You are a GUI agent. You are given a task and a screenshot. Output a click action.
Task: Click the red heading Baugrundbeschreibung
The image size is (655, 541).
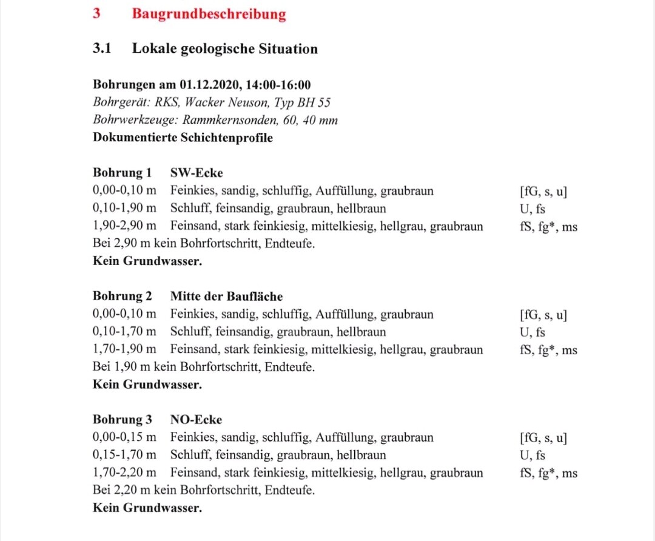pos(209,14)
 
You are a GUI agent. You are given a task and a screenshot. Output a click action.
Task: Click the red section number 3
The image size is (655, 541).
pos(96,13)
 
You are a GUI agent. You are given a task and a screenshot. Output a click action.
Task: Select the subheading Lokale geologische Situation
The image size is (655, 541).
pos(224,49)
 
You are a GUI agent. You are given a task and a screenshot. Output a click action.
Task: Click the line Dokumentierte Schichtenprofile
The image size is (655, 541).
pos(183,138)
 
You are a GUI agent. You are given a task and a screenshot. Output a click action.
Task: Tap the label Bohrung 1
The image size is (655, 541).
pos(122,173)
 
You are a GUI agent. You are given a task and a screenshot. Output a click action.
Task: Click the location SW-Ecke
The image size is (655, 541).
pos(196,173)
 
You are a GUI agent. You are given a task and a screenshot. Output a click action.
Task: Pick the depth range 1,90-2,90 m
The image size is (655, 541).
pos(124,227)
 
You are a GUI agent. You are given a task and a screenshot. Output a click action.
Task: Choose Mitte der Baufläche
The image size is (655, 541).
pos(226,297)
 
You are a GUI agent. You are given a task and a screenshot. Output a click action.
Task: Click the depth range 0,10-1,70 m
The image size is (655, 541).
pos(124,332)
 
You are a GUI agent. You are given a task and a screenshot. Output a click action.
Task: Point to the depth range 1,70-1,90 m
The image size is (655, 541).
pos(124,350)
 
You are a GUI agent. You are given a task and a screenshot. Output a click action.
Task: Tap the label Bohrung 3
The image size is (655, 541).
pos(122,420)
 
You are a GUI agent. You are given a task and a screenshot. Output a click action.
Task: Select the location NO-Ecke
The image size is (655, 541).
pos(196,420)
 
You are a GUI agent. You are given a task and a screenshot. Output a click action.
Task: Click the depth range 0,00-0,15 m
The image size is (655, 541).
pos(124,437)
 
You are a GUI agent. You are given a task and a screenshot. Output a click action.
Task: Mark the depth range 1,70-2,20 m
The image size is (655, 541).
pos(124,473)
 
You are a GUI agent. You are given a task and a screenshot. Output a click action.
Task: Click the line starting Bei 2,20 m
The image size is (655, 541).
pos(204,490)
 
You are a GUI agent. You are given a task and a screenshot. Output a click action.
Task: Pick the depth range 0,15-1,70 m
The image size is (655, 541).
pos(124,455)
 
